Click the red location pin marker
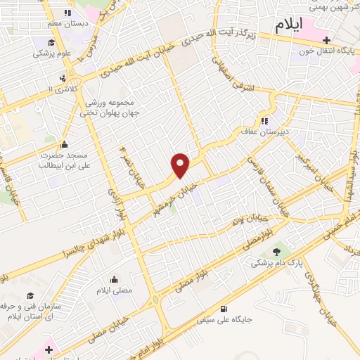(x=181, y=165)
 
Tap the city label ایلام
(x=292, y=25)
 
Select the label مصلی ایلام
(x=114, y=290)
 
